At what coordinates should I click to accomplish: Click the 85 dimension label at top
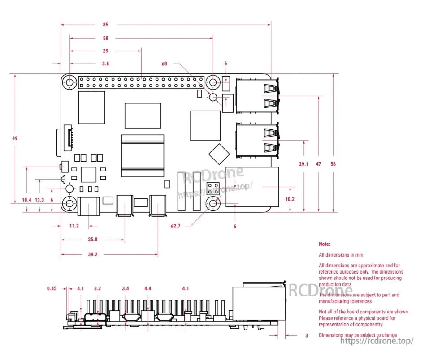[105, 25]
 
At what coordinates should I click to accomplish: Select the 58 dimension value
[105, 38]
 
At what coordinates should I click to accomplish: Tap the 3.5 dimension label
[105, 64]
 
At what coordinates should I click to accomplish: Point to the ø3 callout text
[165, 64]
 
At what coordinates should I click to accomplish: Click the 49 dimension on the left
[15, 138]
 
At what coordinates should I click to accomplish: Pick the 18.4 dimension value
[27, 200]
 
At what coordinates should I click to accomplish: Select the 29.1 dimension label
[304, 164]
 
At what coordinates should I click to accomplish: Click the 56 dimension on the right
[333, 164]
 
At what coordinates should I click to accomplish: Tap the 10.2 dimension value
[290, 199]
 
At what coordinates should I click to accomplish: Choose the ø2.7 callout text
[175, 226]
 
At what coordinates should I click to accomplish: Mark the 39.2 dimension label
[93, 254]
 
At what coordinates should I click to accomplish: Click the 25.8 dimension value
[93, 240]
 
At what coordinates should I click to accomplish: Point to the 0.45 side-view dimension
[52, 289]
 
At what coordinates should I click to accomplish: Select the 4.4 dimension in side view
[148, 289]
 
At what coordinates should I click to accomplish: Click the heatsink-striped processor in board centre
[142, 155]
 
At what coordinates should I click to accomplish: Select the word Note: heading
[325, 244]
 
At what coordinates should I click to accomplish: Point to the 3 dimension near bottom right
[307, 335]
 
